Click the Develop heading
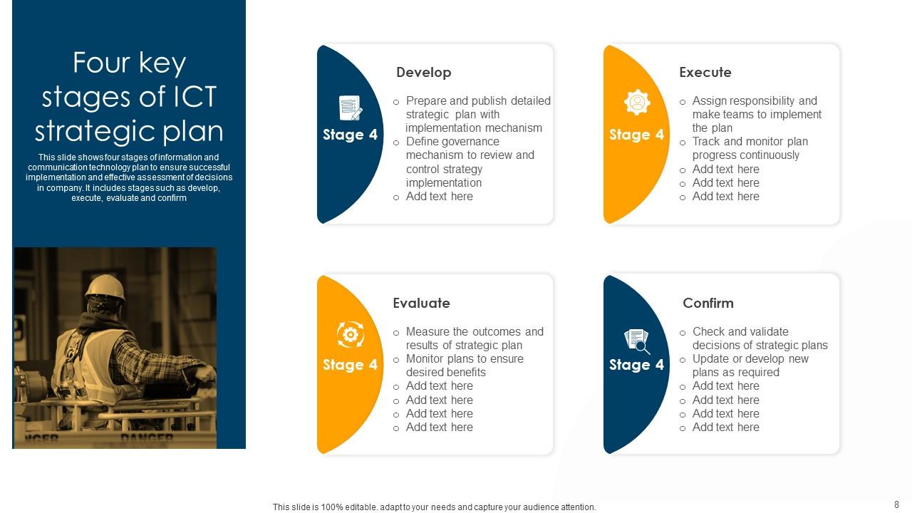[423, 73]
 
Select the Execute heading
[705, 73]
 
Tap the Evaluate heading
[421, 304]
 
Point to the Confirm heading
[708, 304]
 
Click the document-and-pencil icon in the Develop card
[350, 108]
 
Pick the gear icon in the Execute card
[637, 103]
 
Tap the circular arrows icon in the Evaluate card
[350, 334]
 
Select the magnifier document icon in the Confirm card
[637, 341]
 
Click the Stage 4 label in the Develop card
[350, 135]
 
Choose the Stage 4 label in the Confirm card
[636, 365]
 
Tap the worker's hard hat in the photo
[105, 287]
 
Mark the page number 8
[896, 504]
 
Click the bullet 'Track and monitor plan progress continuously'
[750, 148]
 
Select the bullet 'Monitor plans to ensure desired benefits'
[465, 366]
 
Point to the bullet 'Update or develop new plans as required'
[750, 366]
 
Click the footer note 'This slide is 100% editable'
[434, 507]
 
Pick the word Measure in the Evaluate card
[428, 332]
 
